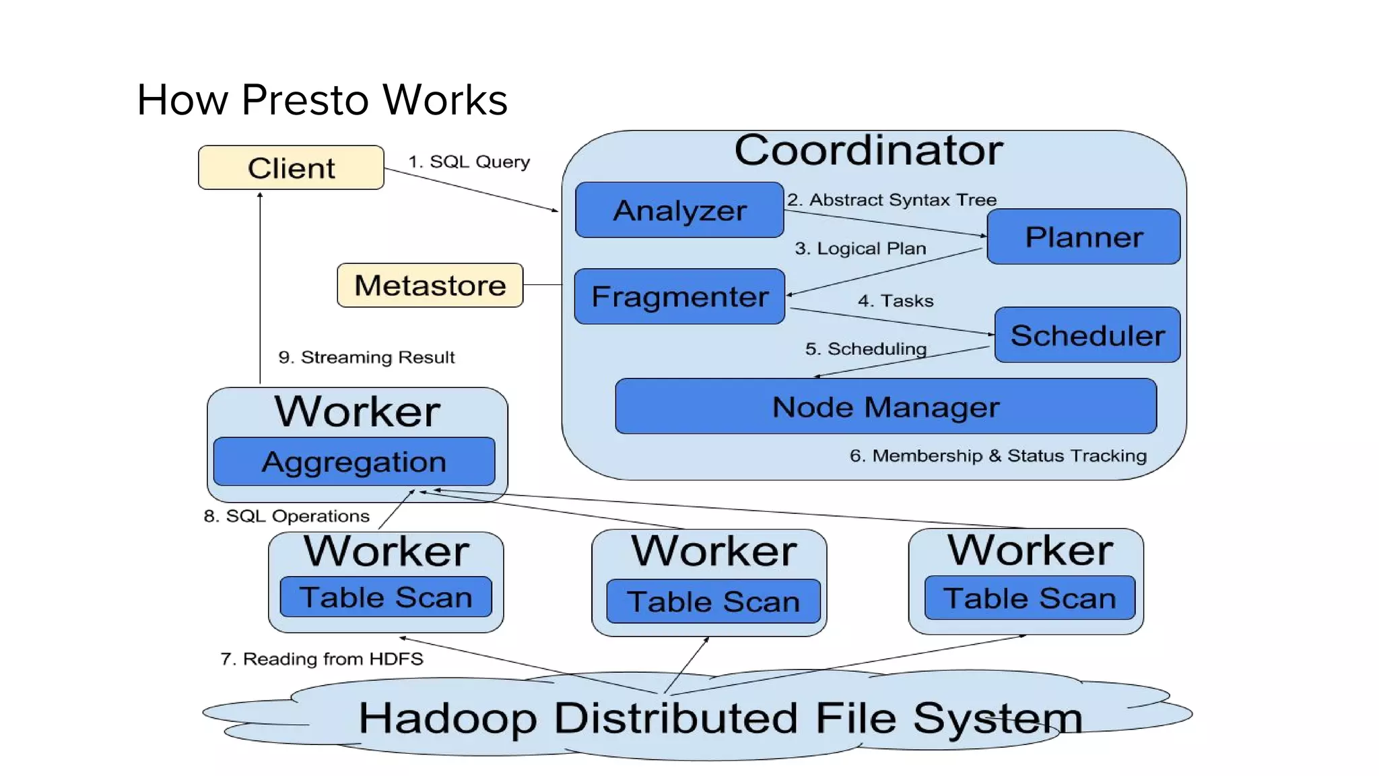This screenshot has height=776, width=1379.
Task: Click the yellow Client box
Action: [x=291, y=168]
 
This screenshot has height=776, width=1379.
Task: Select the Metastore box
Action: [x=430, y=286]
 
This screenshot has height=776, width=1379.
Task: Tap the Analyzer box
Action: [x=679, y=210]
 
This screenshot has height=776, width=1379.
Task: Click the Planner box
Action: [x=1083, y=237]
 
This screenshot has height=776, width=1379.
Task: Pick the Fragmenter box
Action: [x=679, y=296]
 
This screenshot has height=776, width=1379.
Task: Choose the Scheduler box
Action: [x=1087, y=335]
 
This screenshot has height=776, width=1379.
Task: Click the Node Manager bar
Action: [x=885, y=407]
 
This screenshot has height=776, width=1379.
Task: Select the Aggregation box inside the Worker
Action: [x=354, y=462]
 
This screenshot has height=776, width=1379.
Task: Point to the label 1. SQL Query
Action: [x=469, y=162]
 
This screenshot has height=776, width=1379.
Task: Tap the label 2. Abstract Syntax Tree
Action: [x=892, y=200]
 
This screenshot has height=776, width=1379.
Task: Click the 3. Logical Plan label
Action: [x=860, y=249]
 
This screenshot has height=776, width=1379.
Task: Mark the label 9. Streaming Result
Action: [x=366, y=357]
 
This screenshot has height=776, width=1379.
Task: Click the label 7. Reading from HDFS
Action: [x=321, y=659]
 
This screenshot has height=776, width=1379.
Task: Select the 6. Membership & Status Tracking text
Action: [x=997, y=456]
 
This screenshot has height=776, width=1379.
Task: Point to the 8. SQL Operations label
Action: [x=286, y=516]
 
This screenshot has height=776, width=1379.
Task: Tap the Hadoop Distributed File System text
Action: [x=720, y=718]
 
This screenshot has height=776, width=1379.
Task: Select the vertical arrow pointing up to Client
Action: [x=260, y=290]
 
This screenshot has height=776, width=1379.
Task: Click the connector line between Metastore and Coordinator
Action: [x=542, y=285]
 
